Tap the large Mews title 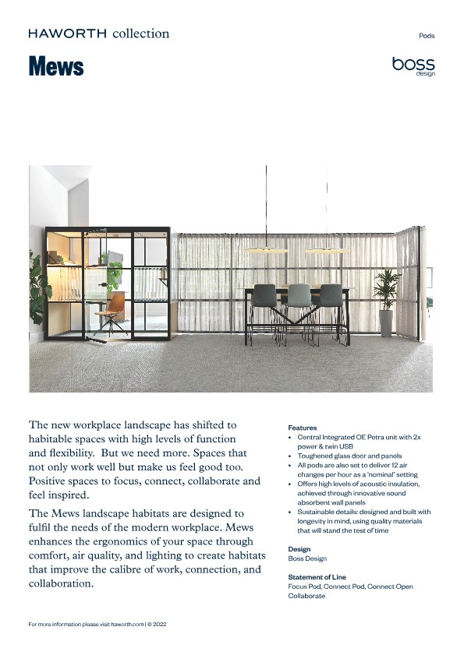[55, 67]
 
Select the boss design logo [413, 66]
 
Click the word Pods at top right [427, 36]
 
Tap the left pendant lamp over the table [267, 250]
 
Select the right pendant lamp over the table [326, 250]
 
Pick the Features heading [303, 428]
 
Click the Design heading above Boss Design [299, 549]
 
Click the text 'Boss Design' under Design [307, 558]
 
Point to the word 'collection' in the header [140, 33]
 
